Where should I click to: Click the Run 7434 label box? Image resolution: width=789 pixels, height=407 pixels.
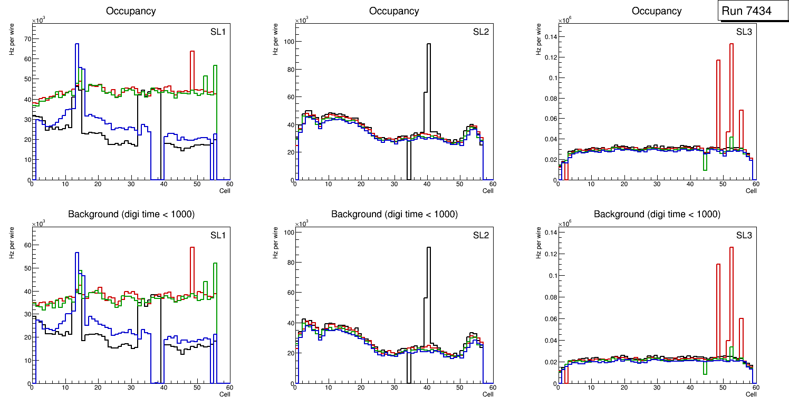coord(753,11)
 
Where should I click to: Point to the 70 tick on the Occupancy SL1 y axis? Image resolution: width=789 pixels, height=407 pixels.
coord(26,39)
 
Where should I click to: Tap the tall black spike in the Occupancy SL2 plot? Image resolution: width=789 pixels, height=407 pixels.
coord(429,79)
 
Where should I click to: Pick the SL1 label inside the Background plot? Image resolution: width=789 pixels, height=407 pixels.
coord(218,235)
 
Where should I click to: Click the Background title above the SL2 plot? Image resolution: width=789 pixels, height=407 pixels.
coord(394,214)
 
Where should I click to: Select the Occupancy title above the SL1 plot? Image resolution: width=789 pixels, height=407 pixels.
coord(131,11)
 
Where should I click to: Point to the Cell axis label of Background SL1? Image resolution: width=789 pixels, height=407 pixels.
coord(225,394)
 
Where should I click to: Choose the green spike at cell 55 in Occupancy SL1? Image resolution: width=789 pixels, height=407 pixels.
coord(215,79)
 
